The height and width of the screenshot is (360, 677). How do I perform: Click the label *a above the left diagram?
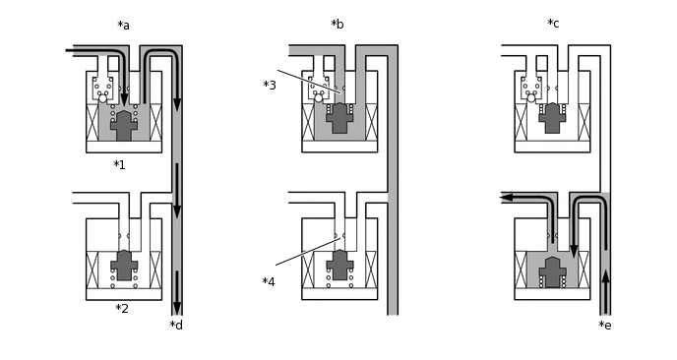tap(123, 26)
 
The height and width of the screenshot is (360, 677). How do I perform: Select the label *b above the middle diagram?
tap(338, 25)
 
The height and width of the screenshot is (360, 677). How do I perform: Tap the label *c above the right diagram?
tap(553, 24)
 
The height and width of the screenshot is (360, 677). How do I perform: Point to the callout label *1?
tap(119, 165)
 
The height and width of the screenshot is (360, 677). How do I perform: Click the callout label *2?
tap(122, 309)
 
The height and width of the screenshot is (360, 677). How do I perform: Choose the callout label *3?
tap(270, 85)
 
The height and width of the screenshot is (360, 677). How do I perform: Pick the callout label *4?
tap(268, 282)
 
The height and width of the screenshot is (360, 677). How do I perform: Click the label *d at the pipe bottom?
tap(176, 325)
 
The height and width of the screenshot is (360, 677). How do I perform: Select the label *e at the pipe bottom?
tap(605, 325)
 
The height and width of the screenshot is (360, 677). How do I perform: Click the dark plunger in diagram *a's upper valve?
tap(124, 126)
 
